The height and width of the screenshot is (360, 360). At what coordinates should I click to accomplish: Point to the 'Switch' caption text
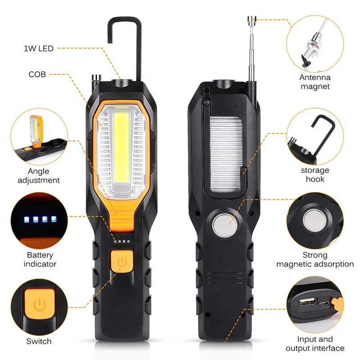pyautogui.click(x=39, y=342)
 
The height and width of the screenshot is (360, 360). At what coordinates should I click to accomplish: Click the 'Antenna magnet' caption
pyautogui.click(x=315, y=81)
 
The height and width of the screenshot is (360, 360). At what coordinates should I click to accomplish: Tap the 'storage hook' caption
pyautogui.click(x=315, y=175)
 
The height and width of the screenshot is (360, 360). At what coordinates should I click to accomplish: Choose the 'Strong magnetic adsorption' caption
pyautogui.click(x=315, y=260)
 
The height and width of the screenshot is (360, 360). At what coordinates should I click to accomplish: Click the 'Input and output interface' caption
pyautogui.click(x=315, y=344)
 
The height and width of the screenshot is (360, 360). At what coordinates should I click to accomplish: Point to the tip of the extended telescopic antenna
pyautogui.click(x=252, y=19)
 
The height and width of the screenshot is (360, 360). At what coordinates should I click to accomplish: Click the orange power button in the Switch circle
pyautogui.click(x=40, y=306)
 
